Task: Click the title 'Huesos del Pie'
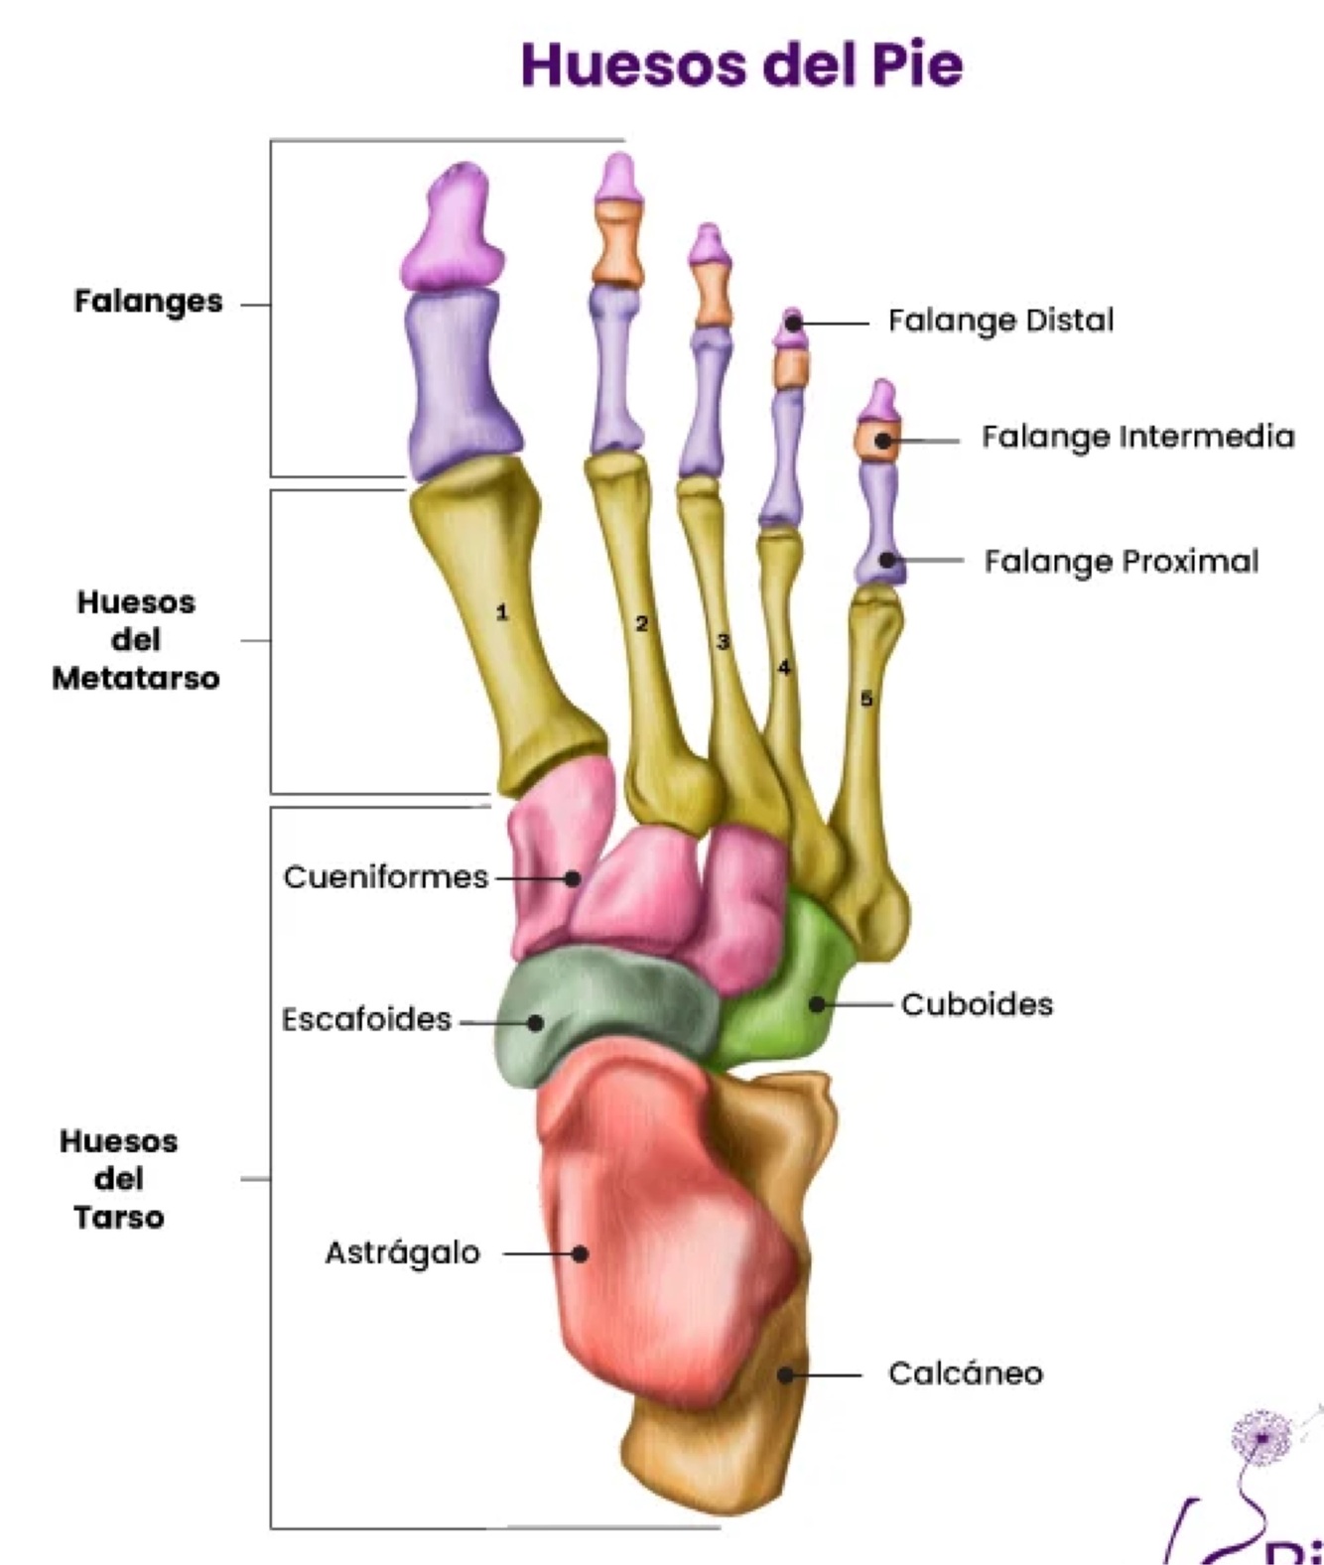741,65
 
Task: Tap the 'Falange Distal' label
1000,321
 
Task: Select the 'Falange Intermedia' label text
1137,437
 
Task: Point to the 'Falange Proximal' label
1121,562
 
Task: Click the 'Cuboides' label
977,1004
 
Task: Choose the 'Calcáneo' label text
965,1373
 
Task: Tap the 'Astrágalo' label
402,1253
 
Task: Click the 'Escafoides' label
366,1019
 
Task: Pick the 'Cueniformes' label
385,877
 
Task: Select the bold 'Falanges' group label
148,301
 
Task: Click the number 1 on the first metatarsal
502,612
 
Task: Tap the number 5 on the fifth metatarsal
865,700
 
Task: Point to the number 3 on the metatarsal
723,642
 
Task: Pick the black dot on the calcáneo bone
785,1374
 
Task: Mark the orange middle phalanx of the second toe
617,243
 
